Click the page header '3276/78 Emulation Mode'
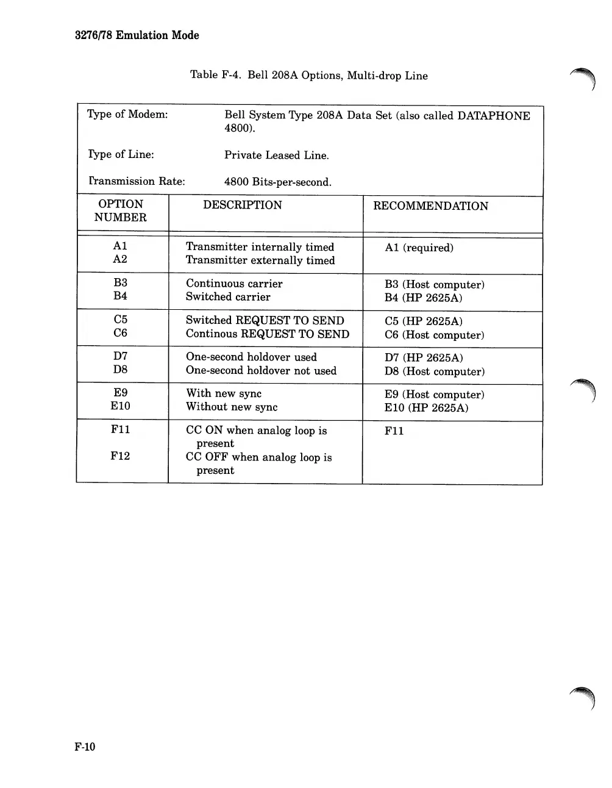[137, 35]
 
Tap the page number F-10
[85, 747]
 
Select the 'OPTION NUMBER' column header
[121, 211]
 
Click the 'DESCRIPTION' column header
[242, 205]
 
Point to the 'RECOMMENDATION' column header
[430, 206]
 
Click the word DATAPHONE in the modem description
[493, 116]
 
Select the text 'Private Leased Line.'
[276, 156]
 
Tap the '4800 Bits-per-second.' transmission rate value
[277, 182]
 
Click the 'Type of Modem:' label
[127, 115]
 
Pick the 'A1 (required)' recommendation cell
[419, 248]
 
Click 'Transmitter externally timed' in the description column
[260, 260]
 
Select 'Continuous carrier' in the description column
[234, 284]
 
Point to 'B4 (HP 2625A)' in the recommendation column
[423, 298]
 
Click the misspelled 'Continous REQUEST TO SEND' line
[267, 334]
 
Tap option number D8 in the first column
[120, 370]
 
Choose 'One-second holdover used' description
[251, 357]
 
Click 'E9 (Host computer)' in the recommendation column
[434, 395]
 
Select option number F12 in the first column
[120, 456]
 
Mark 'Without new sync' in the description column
[232, 407]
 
